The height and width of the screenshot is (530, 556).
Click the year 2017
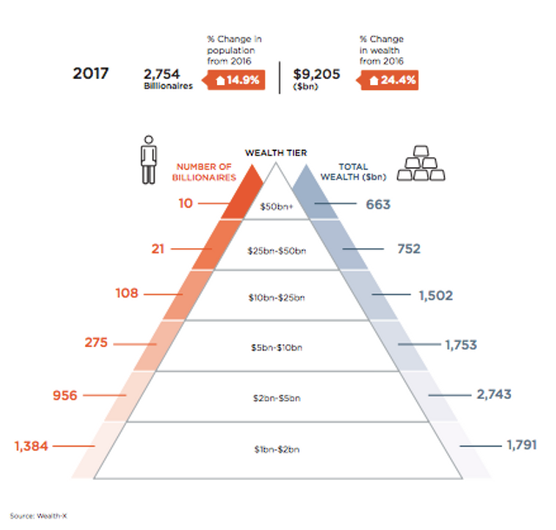coord(90,72)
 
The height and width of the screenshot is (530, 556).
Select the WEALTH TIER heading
coord(277,154)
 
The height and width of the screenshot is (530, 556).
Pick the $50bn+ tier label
coord(278,207)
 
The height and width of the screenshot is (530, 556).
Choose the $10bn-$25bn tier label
coord(278,298)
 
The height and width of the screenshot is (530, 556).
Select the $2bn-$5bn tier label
coord(278,399)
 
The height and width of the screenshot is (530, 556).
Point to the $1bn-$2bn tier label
coord(278,450)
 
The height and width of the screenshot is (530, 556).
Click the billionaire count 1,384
coord(32,447)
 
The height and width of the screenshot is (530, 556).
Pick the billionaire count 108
coord(127,293)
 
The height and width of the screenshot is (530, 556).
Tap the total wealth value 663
coord(377,205)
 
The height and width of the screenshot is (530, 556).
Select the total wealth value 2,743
coord(493,394)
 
